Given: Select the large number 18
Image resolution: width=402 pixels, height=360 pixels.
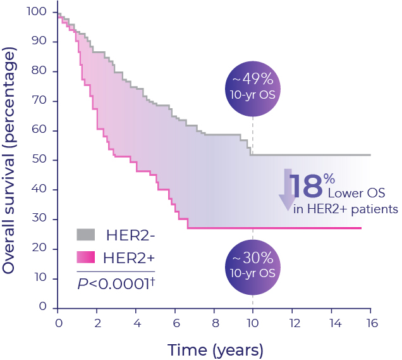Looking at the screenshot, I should (x=307, y=188).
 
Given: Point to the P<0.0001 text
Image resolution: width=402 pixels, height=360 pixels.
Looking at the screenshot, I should (x=116, y=283).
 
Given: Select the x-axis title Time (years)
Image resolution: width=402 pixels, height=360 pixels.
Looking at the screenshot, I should (x=215, y=349).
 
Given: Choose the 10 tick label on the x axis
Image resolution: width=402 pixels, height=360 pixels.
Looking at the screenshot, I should (x=253, y=323).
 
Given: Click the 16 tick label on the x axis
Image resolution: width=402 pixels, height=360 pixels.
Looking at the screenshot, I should (x=370, y=323).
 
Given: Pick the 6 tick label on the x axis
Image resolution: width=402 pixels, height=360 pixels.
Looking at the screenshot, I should (x=175, y=323).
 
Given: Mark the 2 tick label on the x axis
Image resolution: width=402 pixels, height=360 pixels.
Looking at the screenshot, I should (x=97, y=323).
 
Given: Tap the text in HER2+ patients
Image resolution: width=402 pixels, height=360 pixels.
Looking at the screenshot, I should (x=346, y=209).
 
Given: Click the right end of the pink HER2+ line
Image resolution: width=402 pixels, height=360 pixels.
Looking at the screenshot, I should (x=360, y=228).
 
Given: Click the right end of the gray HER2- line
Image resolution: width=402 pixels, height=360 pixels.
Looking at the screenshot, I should (x=369, y=155).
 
